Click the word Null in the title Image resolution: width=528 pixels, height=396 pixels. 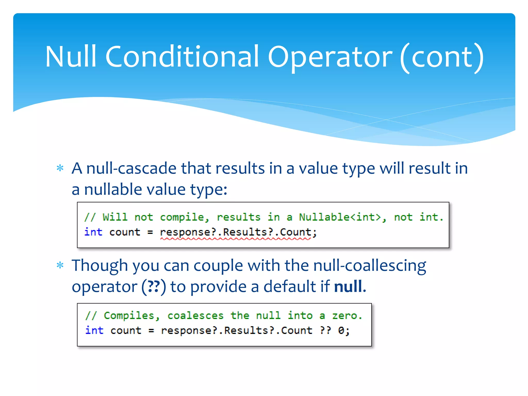(x=71, y=56)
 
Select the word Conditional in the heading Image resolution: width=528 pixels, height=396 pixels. (x=182, y=56)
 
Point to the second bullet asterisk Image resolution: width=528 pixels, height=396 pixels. (x=60, y=266)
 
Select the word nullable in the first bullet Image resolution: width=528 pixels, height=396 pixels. (x=113, y=189)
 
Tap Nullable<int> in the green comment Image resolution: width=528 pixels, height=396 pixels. (x=340, y=217)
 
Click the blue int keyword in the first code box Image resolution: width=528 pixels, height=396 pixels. (x=93, y=232)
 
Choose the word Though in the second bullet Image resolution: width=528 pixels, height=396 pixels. (x=100, y=266)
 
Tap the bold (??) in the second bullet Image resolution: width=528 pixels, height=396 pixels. (x=154, y=287)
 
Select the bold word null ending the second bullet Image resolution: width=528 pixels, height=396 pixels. (x=348, y=286)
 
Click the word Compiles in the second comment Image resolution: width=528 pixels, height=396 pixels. (x=129, y=316)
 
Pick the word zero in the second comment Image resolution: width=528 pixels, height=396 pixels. (x=344, y=316)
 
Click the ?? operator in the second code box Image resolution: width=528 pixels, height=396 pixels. (x=325, y=330)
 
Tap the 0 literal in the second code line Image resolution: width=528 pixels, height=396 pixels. (x=341, y=330)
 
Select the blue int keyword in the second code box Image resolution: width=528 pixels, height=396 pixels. (x=94, y=330)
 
